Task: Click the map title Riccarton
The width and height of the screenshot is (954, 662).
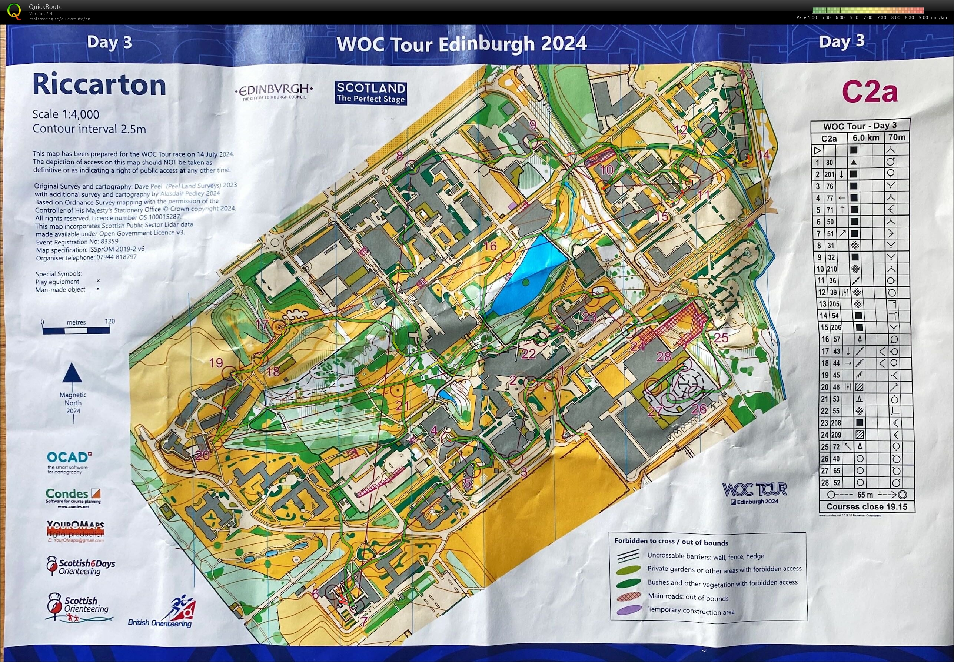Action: point(99,85)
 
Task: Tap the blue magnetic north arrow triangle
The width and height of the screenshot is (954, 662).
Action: point(72,372)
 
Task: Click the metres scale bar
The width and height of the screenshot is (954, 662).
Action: point(76,330)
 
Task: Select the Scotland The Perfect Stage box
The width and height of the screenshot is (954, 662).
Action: point(370,93)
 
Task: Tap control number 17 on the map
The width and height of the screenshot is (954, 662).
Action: point(262,324)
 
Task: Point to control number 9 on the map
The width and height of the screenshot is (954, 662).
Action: point(533,125)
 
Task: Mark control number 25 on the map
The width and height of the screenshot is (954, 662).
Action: point(721,337)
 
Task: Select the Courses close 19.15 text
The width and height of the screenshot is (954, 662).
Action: point(867,506)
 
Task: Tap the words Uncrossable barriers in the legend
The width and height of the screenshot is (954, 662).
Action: point(677,556)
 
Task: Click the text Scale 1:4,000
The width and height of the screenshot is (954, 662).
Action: point(66,114)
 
